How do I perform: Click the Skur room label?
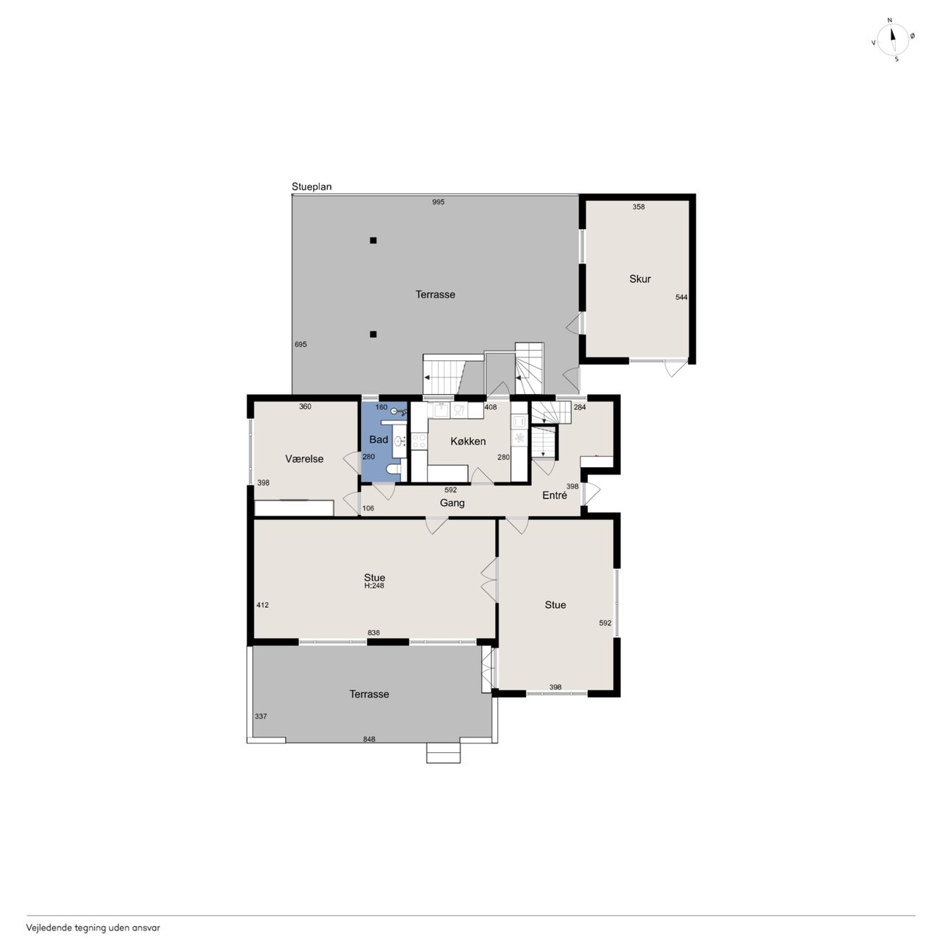(x=639, y=279)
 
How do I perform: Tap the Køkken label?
(x=468, y=441)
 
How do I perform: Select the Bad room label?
(x=378, y=439)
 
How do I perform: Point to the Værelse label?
(x=304, y=459)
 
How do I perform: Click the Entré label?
(x=555, y=495)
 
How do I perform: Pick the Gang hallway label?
(x=452, y=503)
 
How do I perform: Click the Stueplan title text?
(x=311, y=186)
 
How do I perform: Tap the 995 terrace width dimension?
(x=438, y=202)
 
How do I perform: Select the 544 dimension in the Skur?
(x=681, y=297)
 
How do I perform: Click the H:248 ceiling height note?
(x=374, y=585)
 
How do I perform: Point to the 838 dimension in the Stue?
(x=374, y=633)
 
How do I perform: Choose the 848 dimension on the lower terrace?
(x=369, y=740)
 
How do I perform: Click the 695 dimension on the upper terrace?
(x=301, y=345)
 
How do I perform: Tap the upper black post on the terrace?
(x=373, y=240)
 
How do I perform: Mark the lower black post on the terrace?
(x=373, y=334)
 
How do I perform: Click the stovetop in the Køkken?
(x=419, y=441)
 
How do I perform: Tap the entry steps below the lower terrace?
(x=443, y=753)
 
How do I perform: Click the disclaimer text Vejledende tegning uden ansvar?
(x=93, y=928)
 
